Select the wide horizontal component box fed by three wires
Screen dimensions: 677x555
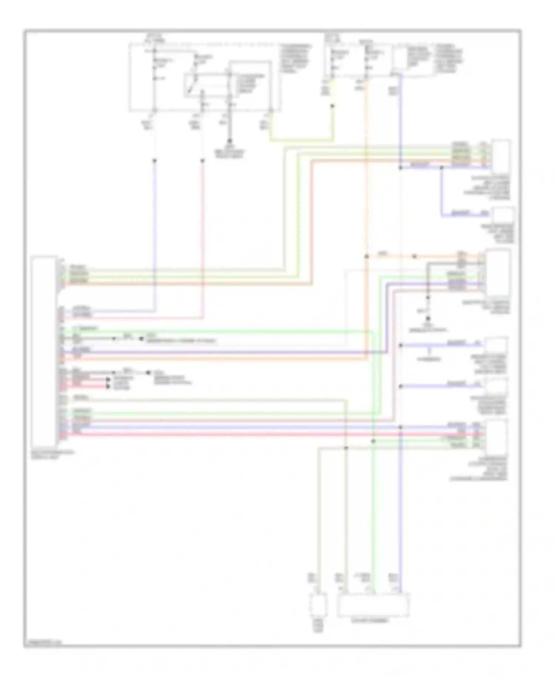tap(373, 604)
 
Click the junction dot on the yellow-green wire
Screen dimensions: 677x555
tap(332, 106)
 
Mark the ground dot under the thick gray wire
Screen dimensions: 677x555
tap(230, 141)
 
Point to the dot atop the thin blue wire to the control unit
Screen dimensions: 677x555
tap(155, 161)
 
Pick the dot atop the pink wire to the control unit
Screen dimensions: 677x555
tap(202, 161)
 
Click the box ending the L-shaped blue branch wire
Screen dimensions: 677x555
tap(502, 214)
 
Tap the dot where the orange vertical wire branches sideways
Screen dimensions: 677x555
tap(366, 256)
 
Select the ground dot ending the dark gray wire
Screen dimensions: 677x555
tap(428, 319)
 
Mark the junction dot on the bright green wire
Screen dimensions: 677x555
tap(373, 441)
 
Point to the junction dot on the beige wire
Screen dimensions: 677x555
tap(346, 448)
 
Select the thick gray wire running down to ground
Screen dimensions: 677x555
tap(230, 122)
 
